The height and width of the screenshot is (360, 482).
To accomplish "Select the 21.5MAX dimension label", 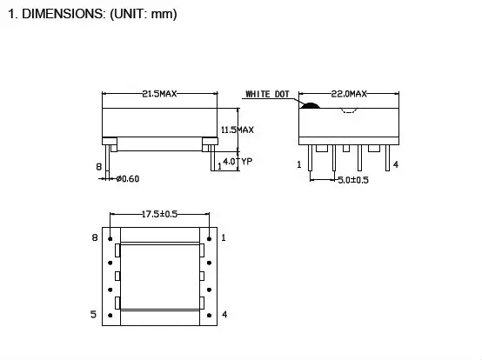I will click(x=159, y=95).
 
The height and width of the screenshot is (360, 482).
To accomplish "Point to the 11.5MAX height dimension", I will click(x=237, y=130).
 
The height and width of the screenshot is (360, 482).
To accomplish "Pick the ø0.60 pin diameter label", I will click(x=126, y=179).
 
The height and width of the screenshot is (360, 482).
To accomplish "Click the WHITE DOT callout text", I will click(x=269, y=94).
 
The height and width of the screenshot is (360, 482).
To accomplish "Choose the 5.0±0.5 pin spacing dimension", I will click(x=352, y=180).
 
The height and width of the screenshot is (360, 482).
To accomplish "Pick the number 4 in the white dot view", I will click(x=396, y=164).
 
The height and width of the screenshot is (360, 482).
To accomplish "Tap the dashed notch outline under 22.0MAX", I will click(x=351, y=110).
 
